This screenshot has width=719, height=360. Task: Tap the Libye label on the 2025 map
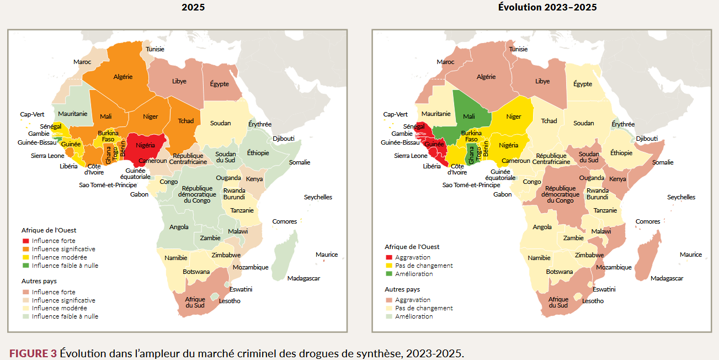[179, 81]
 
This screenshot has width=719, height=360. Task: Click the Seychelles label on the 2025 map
[318, 197]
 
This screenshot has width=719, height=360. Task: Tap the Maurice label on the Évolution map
[691, 255]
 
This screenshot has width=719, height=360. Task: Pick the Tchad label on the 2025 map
[185, 121]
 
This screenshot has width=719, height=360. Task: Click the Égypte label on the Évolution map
[583, 84]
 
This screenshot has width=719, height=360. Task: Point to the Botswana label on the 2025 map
[196, 272]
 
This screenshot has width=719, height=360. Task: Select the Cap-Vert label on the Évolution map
[395, 115]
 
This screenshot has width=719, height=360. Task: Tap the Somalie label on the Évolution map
[663, 162]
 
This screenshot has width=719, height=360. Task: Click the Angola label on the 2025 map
[179, 227]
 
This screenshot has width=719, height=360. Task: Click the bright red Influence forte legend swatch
[25, 241]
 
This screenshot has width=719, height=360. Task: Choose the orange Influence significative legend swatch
[25, 249]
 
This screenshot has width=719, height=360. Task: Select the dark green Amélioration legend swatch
[389, 274]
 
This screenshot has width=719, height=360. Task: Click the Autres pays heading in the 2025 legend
[39, 281]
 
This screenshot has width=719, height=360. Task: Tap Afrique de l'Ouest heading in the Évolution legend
[412, 247]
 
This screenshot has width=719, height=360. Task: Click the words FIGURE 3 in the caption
[33, 353]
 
